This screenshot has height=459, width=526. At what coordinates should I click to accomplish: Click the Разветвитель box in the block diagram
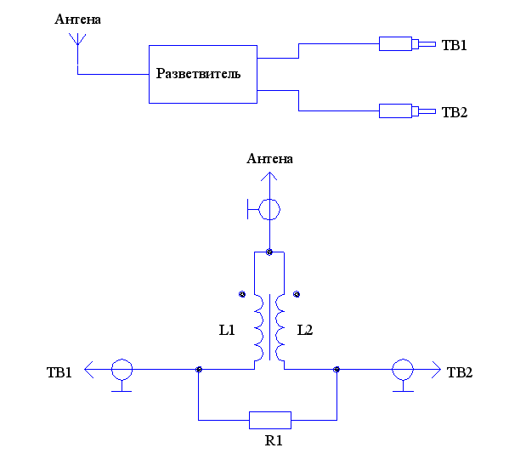[x=202, y=74]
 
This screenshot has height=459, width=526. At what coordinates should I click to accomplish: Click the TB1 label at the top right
[x=454, y=45]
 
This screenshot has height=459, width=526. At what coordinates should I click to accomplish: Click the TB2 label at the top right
[x=454, y=111]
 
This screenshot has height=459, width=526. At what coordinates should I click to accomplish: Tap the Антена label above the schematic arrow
[x=269, y=159]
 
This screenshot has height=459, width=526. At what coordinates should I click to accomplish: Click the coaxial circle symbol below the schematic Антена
[x=269, y=207]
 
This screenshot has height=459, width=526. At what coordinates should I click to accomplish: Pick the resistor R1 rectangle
[x=269, y=419]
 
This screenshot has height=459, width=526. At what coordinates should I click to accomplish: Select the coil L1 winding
[x=257, y=328]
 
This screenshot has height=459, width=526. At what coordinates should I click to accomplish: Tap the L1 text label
[x=227, y=330]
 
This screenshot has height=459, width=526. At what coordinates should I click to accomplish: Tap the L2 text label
[x=304, y=330]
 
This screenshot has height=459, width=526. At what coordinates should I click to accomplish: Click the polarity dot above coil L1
[x=241, y=294]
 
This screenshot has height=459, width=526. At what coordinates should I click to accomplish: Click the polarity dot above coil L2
[x=297, y=294]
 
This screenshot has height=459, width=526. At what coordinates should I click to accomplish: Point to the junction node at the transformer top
[x=269, y=252]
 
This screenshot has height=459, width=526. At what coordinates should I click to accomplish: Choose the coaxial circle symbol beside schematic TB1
[x=122, y=370]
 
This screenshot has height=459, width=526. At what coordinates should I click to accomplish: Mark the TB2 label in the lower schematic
[x=459, y=371]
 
